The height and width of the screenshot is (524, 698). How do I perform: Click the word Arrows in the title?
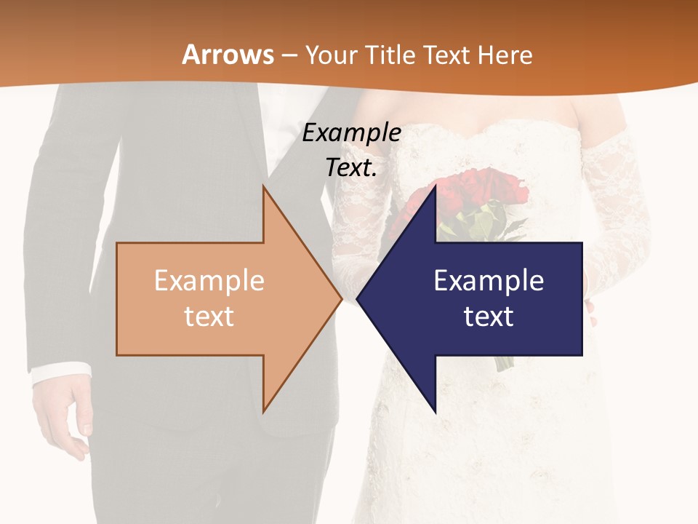point(228,55)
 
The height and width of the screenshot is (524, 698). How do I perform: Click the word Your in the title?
point(331,55)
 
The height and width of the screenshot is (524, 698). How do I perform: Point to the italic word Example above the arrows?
point(351,133)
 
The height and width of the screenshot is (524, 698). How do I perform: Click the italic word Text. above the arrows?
point(351,168)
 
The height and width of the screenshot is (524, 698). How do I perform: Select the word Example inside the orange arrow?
point(209,281)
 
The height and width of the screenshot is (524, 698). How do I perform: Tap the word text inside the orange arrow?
point(209,317)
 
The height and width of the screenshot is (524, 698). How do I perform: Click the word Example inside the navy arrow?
point(489,281)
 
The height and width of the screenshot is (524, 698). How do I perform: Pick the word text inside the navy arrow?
point(489,317)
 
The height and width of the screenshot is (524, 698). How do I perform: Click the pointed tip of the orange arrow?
point(340,298)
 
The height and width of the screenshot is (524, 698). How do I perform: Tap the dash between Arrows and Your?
point(289,55)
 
